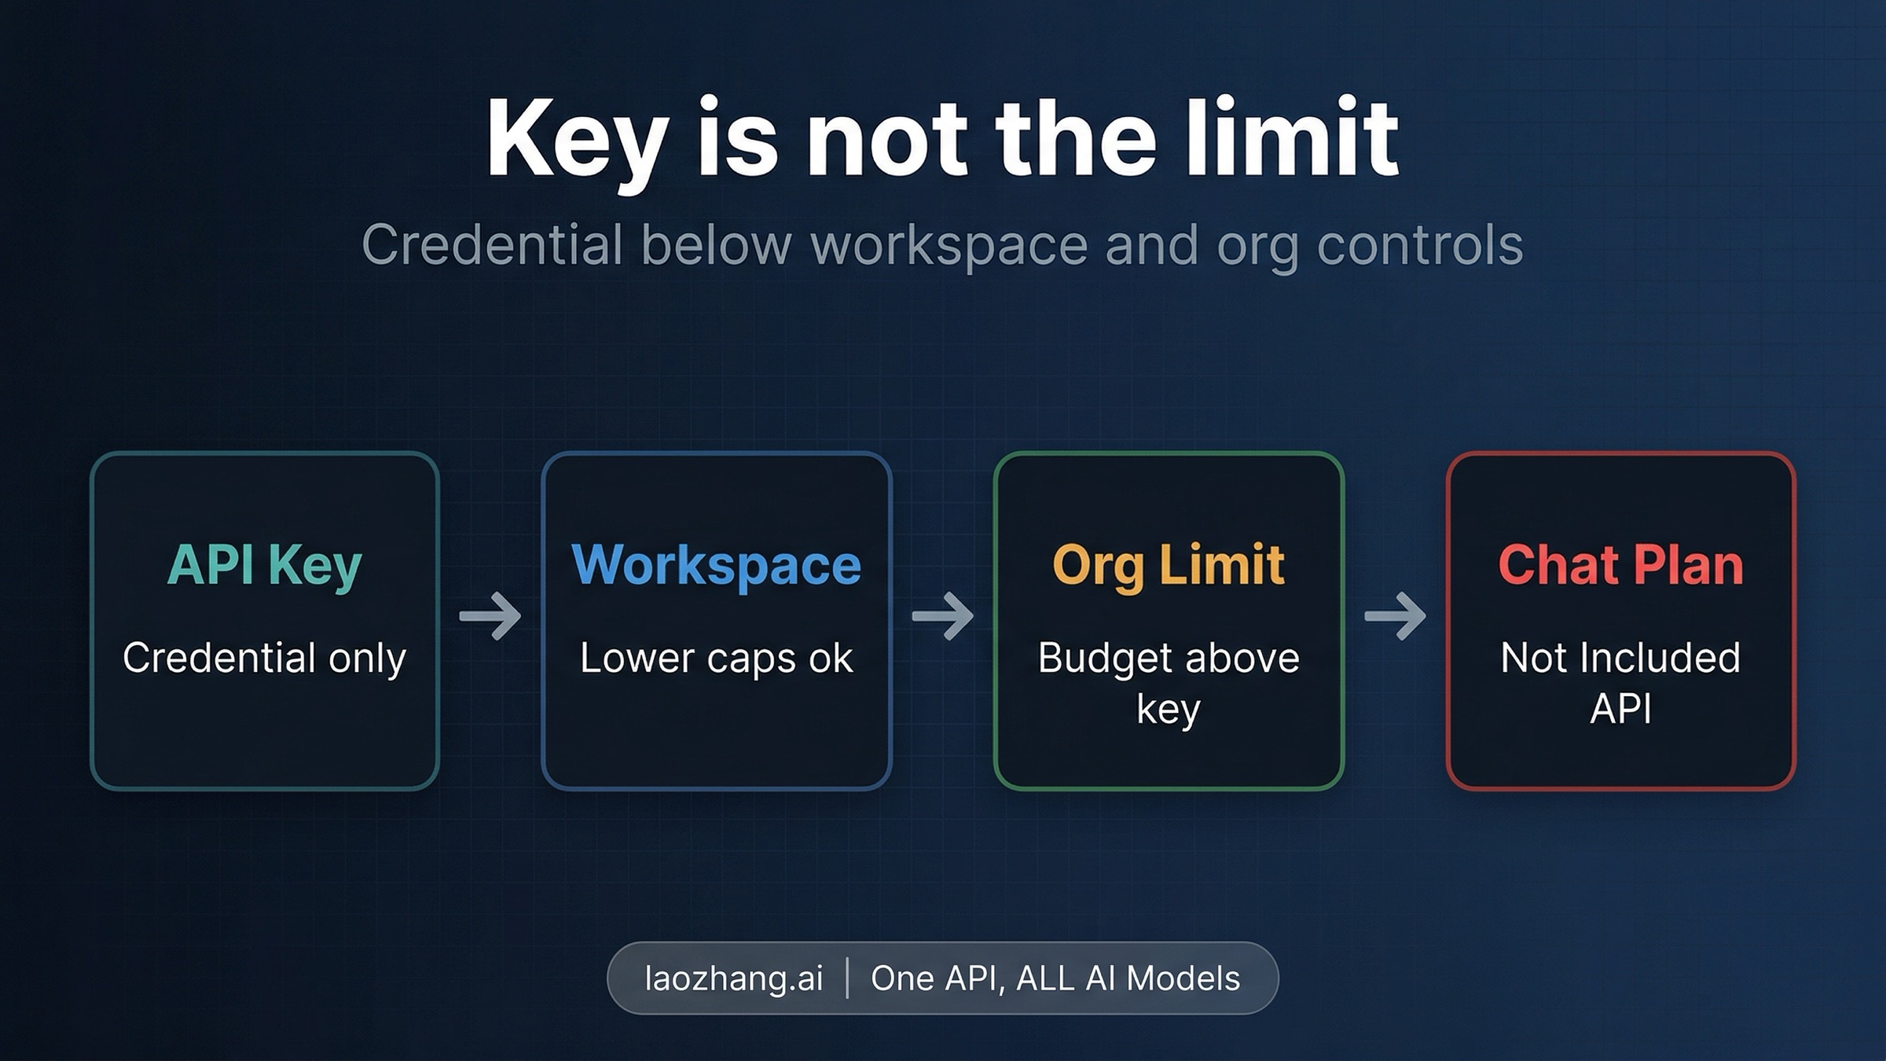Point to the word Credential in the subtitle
point(492,244)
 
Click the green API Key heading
point(265,565)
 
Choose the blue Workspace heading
point(716,565)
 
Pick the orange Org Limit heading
point(1169,565)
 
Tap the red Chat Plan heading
point(1620,565)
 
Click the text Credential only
point(265,658)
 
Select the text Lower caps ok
point(716,658)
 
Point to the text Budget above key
point(1169,683)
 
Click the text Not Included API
point(1620,682)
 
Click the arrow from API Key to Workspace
point(490,615)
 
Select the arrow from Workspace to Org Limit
point(943,615)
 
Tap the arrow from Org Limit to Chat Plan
point(1396,615)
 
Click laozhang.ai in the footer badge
point(734,979)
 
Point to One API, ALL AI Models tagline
point(1055,979)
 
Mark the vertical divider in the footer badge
point(847,978)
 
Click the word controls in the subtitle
point(1420,244)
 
